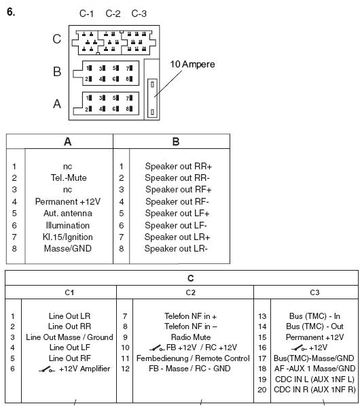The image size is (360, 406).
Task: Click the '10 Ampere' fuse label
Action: (x=192, y=65)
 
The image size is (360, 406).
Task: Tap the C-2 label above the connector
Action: (x=113, y=14)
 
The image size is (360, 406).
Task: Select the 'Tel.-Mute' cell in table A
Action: (x=67, y=178)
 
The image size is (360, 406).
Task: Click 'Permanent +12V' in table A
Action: (x=67, y=202)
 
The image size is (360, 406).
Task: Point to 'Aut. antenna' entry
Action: (x=67, y=214)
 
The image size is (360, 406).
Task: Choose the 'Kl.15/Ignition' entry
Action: (x=67, y=237)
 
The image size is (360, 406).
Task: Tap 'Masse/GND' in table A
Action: (x=67, y=249)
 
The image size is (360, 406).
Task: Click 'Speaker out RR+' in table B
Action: (x=178, y=166)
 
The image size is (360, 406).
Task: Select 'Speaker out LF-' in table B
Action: (x=178, y=226)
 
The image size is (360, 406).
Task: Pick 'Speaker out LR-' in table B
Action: (x=178, y=249)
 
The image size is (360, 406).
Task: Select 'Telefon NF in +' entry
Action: (x=191, y=316)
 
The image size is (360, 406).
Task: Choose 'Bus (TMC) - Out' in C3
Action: (x=314, y=326)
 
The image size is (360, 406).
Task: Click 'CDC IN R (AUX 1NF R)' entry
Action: (x=314, y=390)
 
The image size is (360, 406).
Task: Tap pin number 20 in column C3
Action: (x=262, y=390)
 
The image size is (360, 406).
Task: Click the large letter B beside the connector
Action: (x=57, y=71)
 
